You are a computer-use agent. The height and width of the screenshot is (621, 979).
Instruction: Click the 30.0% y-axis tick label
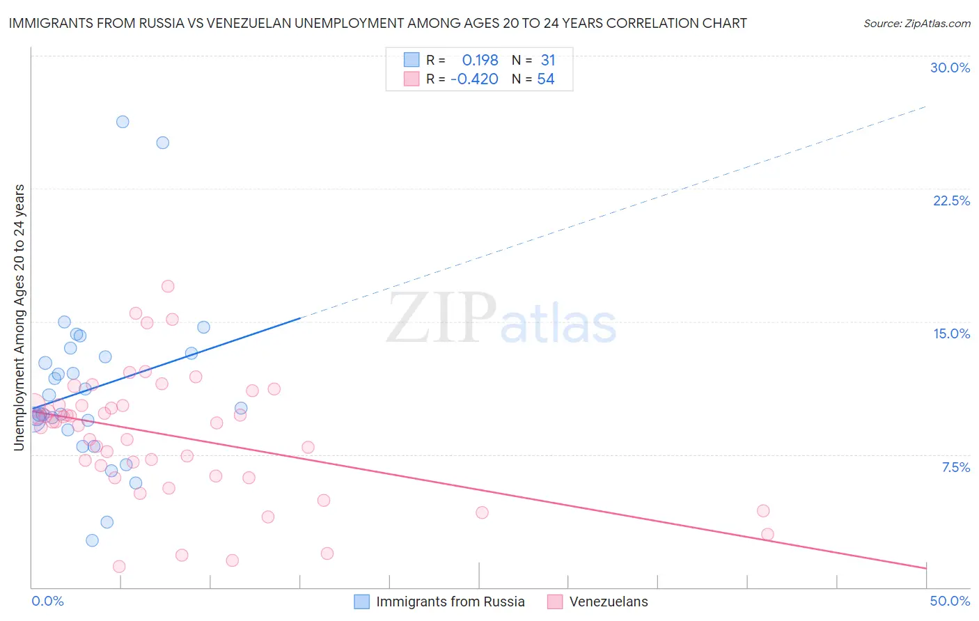[950, 68]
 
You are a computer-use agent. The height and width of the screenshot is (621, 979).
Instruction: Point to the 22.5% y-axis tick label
[951, 201]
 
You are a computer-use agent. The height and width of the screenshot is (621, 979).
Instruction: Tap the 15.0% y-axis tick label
[951, 333]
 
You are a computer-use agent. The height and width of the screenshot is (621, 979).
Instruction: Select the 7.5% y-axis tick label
[955, 467]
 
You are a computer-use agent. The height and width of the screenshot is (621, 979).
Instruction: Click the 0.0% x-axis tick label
[47, 601]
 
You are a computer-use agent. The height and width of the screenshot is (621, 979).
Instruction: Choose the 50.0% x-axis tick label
[950, 601]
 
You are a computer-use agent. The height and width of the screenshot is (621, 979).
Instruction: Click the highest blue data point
[123, 122]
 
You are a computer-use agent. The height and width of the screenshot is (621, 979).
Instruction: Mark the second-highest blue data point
[163, 143]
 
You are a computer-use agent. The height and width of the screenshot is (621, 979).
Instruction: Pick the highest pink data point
[168, 286]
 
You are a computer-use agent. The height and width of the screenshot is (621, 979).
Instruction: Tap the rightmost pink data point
[767, 535]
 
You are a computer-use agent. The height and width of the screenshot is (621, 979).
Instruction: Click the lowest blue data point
[92, 540]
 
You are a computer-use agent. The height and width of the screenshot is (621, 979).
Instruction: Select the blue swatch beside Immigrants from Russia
[361, 602]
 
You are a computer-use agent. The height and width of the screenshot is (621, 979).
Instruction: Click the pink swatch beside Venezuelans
[554, 602]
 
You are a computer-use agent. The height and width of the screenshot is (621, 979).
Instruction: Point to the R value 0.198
[480, 61]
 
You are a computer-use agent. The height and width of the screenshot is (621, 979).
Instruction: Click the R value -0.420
[474, 79]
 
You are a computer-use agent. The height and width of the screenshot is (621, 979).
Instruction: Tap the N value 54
[545, 79]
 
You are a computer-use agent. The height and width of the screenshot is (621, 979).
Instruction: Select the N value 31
[548, 61]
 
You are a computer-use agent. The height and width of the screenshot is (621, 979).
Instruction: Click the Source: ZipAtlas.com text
[916, 24]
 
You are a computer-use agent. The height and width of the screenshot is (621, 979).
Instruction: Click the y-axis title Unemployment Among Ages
[19, 317]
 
